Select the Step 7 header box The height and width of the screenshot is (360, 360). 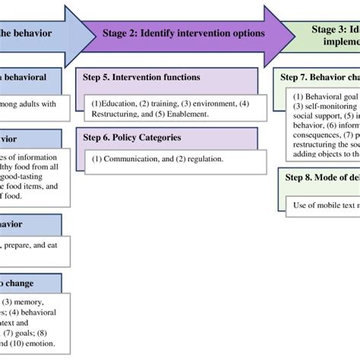tap(319, 77)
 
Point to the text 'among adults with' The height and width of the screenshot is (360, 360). tap(34, 104)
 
